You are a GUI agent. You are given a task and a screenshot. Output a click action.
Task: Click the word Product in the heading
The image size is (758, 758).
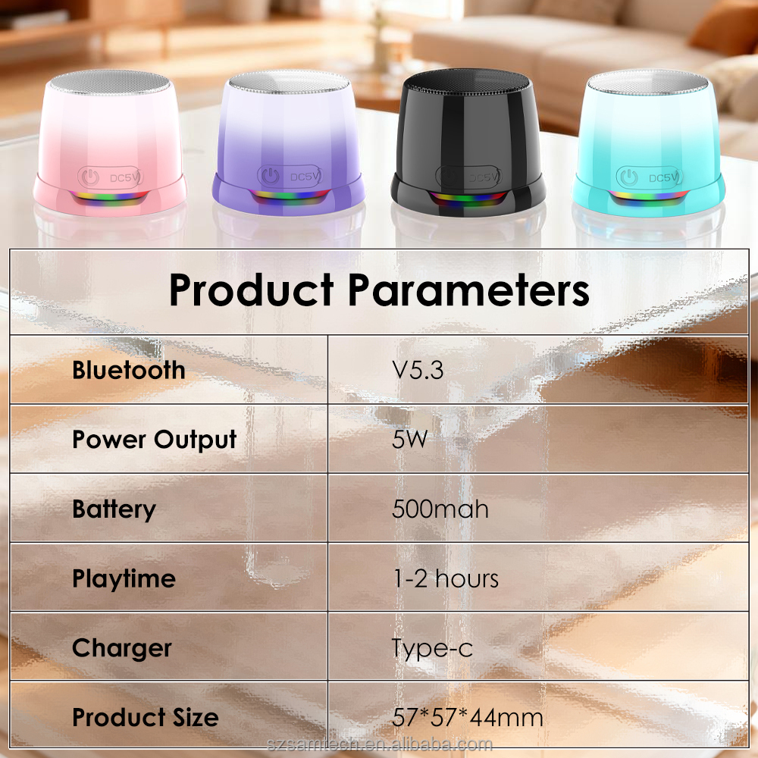251,290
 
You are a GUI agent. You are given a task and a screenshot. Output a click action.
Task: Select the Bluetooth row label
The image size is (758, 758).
128,370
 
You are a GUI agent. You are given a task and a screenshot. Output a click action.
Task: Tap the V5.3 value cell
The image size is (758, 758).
417,370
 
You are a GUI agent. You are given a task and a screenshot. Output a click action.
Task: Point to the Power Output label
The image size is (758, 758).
154,440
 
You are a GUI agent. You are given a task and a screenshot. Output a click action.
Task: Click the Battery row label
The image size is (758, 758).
114,509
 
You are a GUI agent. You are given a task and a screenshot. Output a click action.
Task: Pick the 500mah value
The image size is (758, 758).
440,509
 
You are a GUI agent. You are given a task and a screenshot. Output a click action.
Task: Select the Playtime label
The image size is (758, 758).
124,579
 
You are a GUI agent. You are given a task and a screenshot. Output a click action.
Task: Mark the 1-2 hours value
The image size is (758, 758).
445,579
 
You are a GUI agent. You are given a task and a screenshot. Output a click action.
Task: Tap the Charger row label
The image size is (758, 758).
121,648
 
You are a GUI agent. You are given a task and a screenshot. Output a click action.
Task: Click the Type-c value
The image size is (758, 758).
432,648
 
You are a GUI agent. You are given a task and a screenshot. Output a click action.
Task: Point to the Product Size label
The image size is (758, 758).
145,717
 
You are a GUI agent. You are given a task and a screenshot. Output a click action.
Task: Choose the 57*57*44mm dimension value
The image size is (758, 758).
467,717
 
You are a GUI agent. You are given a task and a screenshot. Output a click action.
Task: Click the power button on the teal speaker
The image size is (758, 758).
628,177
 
